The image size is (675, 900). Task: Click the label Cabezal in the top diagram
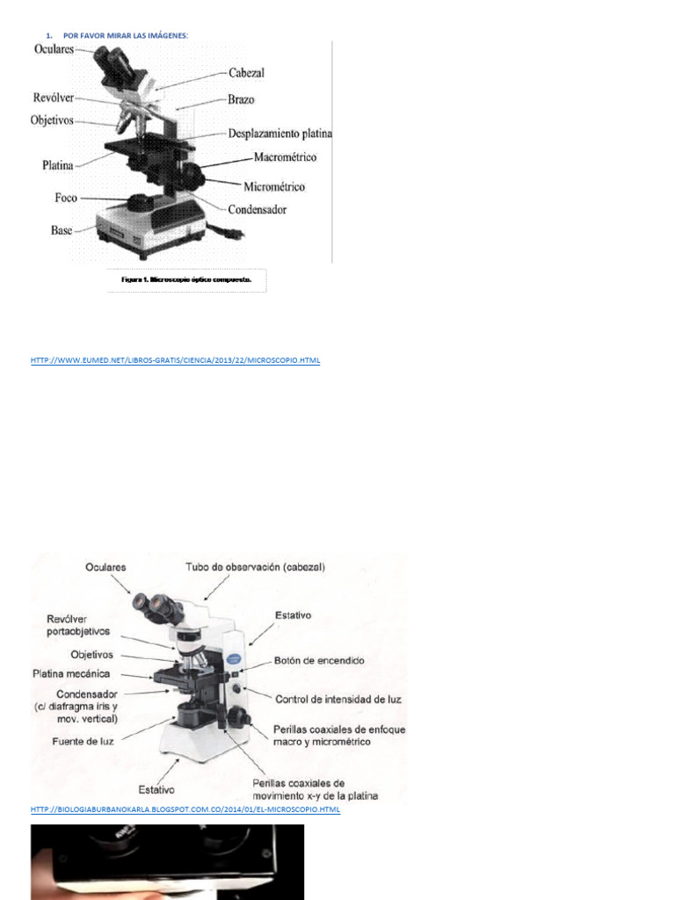246,74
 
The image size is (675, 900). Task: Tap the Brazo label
241,100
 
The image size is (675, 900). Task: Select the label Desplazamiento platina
280,134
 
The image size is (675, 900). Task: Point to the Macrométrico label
285,158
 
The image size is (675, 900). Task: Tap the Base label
62,231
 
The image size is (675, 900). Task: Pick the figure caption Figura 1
186,280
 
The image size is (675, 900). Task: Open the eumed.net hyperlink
175,361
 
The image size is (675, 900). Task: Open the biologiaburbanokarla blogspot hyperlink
185,809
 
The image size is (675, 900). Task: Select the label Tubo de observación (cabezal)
255,568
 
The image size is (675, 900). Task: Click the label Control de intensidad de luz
338,700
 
